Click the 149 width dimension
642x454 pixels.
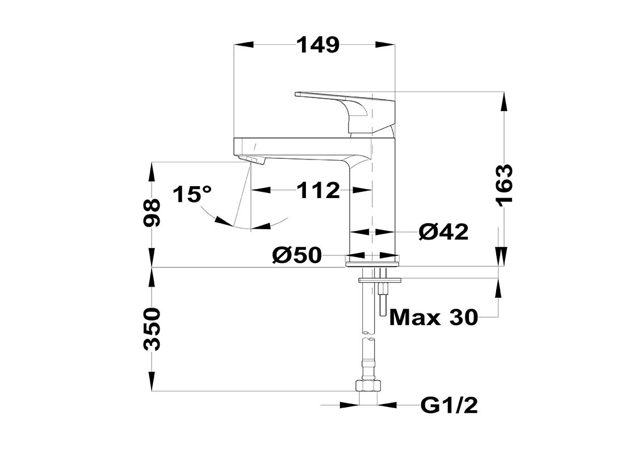point(318,44)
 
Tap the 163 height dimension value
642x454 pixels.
point(505,185)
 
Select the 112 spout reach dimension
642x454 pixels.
point(318,190)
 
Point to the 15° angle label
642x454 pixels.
point(192,194)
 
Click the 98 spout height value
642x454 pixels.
point(152,212)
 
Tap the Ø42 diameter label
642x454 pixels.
point(444,233)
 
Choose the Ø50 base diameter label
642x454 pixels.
point(297,255)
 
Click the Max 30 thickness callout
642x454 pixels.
point(434,317)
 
